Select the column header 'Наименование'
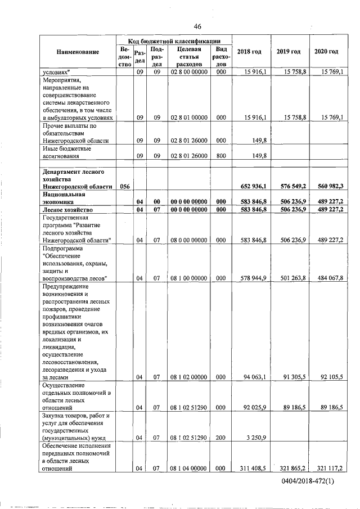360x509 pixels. tap(78, 52)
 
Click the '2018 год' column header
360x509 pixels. tap(249, 52)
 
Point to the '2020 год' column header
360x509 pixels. tap(326, 52)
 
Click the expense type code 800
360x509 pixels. tap(221, 156)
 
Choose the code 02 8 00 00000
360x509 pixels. tap(189, 73)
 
